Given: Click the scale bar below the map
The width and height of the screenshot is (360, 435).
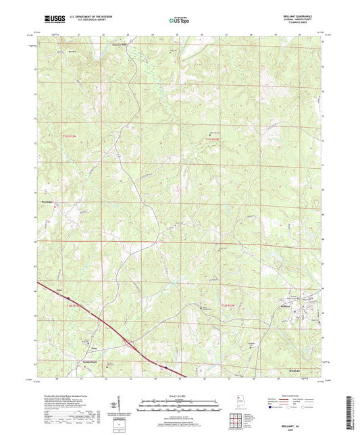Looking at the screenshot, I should pos(179,407).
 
